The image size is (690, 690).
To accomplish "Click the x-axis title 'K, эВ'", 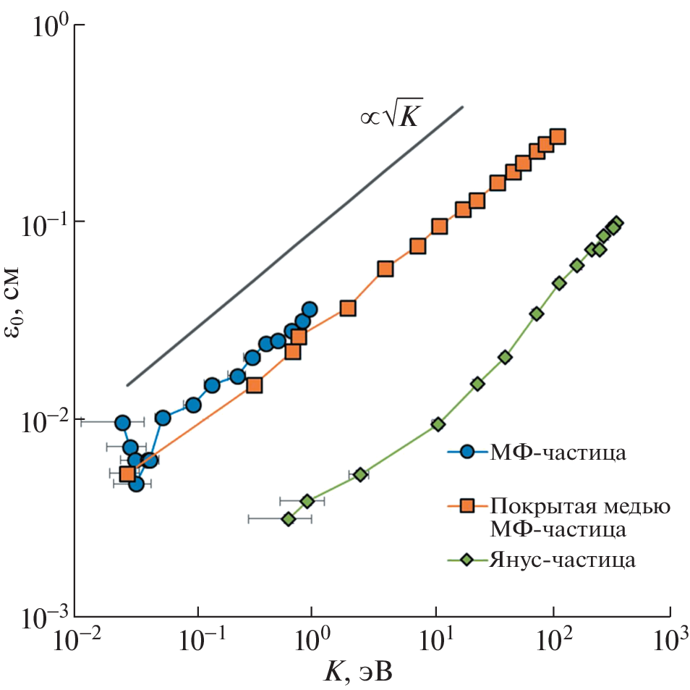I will coord(357,673).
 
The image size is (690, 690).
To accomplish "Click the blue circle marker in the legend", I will coord(467,453).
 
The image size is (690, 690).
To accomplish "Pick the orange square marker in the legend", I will coord(467,505).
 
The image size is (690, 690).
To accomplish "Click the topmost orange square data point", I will coord(558,137).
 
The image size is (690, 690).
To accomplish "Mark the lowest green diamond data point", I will coord(289,519).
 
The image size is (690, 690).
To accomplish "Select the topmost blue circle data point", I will coord(310,309).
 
